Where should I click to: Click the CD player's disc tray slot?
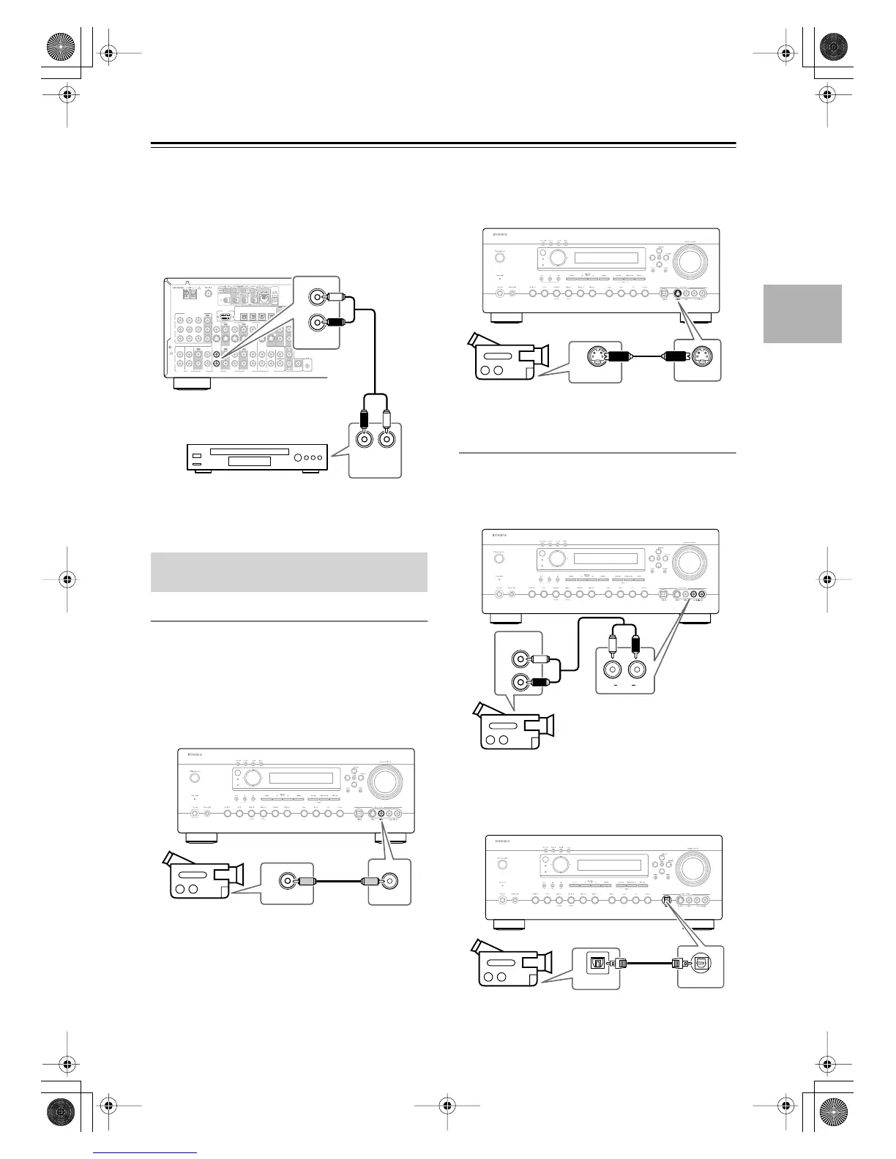click(249, 451)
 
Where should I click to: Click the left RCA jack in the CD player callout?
click(364, 440)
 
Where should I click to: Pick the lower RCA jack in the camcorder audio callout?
click(520, 683)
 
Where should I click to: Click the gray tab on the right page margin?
click(802, 314)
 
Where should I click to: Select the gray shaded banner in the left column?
click(288, 571)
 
